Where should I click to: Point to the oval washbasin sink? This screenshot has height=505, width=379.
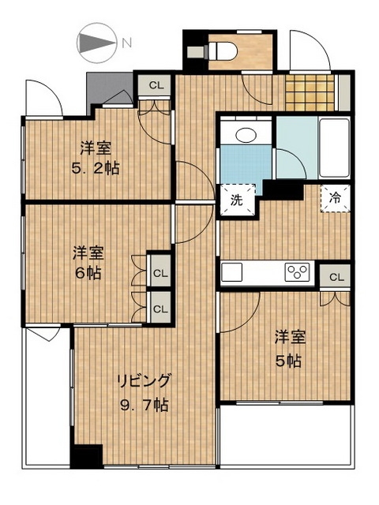(x=246, y=135)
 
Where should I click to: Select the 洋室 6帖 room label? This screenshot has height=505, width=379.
(x=88, y=264)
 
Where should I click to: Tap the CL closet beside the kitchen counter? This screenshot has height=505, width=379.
(x=336, y=277)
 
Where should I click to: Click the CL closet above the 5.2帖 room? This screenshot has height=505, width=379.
(x=156, y=84)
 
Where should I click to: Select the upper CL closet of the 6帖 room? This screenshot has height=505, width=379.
(x=160, y=273)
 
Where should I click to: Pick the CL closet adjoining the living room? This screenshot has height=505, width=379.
(x=160, y=309)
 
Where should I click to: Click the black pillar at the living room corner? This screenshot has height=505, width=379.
(x=86, y=458)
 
